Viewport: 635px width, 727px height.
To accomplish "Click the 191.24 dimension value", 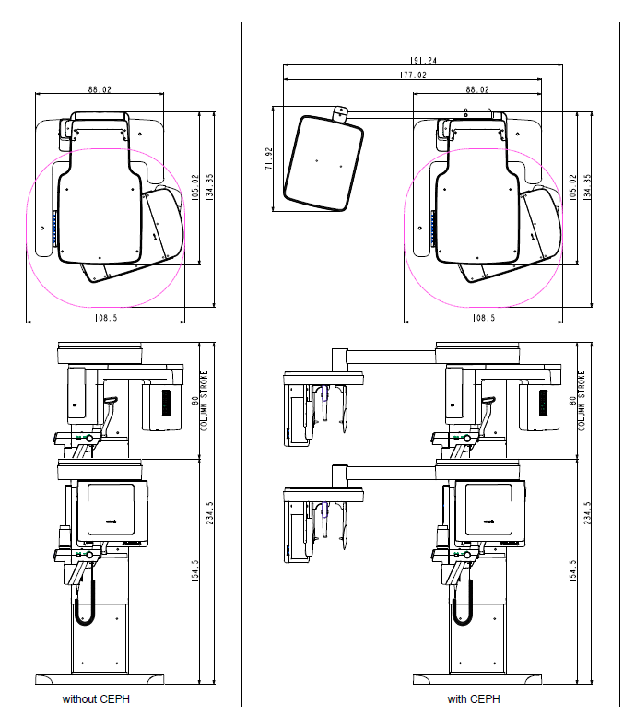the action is (423, 60).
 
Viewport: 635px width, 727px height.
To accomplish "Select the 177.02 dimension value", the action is (413, 75).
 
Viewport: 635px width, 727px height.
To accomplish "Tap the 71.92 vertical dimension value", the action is (269, 158).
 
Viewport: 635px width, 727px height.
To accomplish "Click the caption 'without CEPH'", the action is (96, 698).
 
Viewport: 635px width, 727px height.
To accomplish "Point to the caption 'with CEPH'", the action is (474, 698).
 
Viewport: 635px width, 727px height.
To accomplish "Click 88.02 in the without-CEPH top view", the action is (100, 89).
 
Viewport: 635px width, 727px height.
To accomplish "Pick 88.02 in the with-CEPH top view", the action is (477, 89).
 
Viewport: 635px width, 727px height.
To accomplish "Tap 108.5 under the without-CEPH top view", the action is (106, 318).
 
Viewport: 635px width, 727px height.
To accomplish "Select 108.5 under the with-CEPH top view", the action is (484, 318).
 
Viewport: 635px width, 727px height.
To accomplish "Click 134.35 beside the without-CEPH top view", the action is (209, 187).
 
